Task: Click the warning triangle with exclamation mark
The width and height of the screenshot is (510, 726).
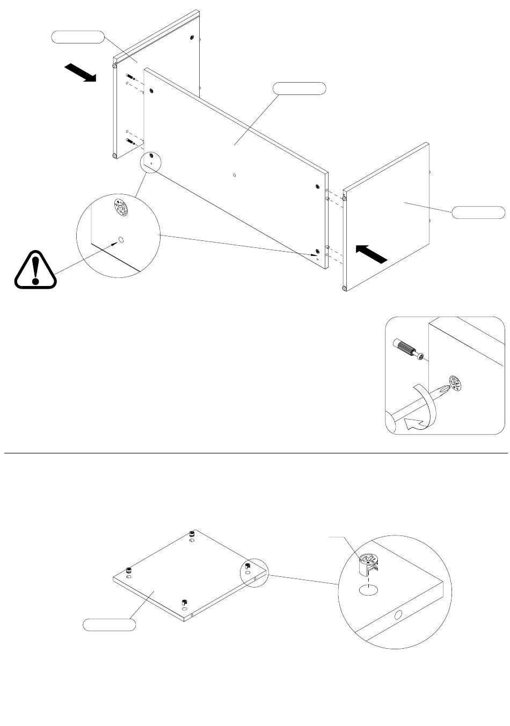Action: [35, 270]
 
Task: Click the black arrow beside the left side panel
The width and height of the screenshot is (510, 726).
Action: [80, 72]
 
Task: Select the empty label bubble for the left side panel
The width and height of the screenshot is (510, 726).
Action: [77, 37]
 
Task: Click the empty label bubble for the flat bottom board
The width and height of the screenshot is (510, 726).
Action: [109, 625]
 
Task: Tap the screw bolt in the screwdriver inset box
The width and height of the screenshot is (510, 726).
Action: [409, 349]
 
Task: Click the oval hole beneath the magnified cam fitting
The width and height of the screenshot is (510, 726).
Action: [368, 591]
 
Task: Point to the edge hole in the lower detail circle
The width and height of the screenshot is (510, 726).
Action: [398, 615]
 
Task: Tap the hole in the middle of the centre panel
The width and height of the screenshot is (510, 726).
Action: [235, 174]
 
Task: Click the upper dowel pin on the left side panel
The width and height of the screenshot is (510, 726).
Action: [130, 77]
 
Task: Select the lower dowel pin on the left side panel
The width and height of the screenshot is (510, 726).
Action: [129, 141]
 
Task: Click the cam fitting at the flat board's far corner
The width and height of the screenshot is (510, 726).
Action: [192, 534]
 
